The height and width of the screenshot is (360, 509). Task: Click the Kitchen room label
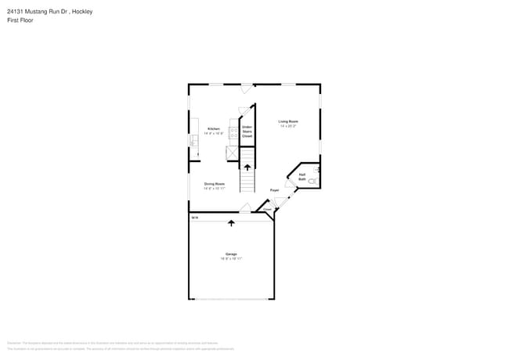pyautogui.click(x=213, y=128)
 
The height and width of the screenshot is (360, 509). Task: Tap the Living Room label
pyautogui.click(x=288, y=121)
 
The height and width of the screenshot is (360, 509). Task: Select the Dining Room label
pyautogui.click(x=215, y=184)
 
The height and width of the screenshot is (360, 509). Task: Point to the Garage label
pyautogui.click(x=231, y=254)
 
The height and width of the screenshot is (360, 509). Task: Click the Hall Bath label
pyautogui.click(x=302, y=177)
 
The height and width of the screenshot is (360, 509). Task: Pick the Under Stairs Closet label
pyautogui.click(x=247, y=130)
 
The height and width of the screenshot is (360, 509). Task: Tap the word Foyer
pyautogui.click(x=275, y=190)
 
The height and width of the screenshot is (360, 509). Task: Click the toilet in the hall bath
pyautogui.click(x=312, y=182)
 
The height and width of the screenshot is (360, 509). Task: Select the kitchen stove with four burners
pyautogui.click(x=233, y=133)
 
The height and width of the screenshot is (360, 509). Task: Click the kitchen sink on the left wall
pyautogui.click(x=193, y=142)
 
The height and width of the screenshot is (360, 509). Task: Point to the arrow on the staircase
pyautogui.click(x=247, y=167)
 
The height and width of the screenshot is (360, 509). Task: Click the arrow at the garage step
pyautogui.click(x=232, y=223)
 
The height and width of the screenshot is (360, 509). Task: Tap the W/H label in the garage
pyautogui.click(x=196, y=218)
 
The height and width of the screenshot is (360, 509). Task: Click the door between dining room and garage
pyautogui.click(x=245, y=208)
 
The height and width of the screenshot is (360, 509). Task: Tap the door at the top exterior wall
pyautogui.click(x=247, y=88)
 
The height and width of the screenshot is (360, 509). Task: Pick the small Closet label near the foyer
pyautogui.click(x=267, y=210)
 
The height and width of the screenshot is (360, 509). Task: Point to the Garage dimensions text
pyautogui.click(x=231, y=258)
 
